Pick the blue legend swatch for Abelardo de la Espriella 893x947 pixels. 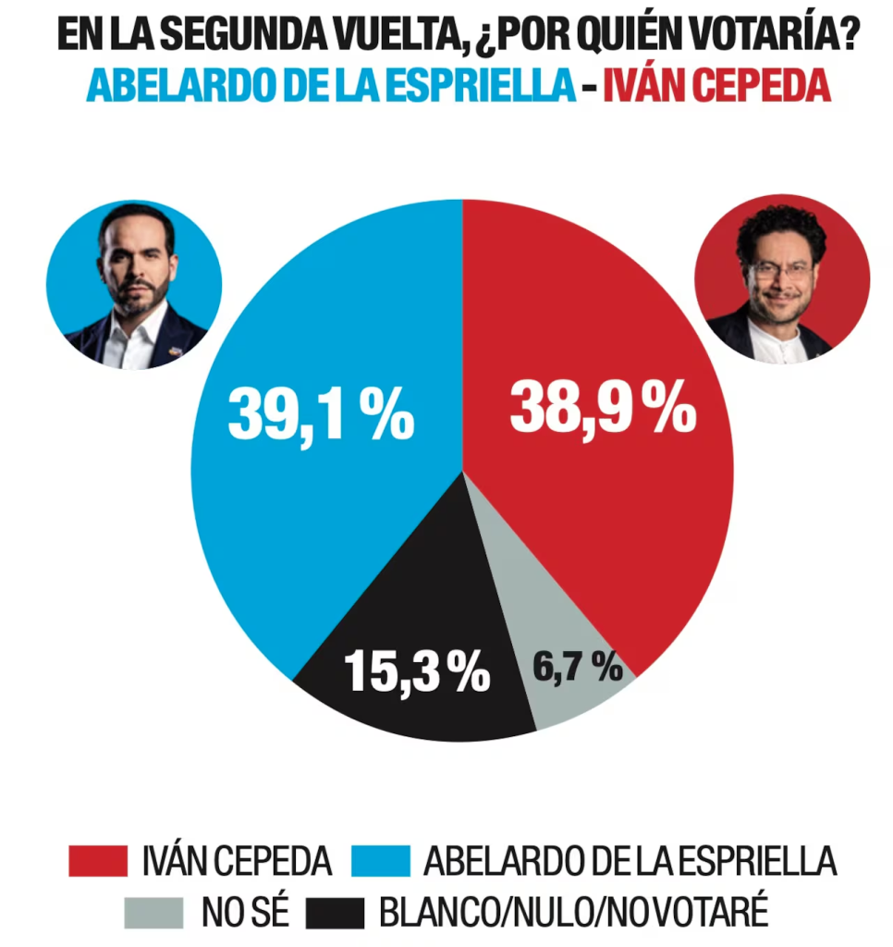coord(381,861)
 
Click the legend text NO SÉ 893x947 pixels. coord(244,913)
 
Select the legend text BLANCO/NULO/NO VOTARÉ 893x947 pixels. coord(573,913)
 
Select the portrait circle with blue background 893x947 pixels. coord(135,285)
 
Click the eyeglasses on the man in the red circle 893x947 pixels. coord(780,270)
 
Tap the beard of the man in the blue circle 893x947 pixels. coord(137,298)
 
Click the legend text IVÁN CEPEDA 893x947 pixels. coord(237,861)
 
